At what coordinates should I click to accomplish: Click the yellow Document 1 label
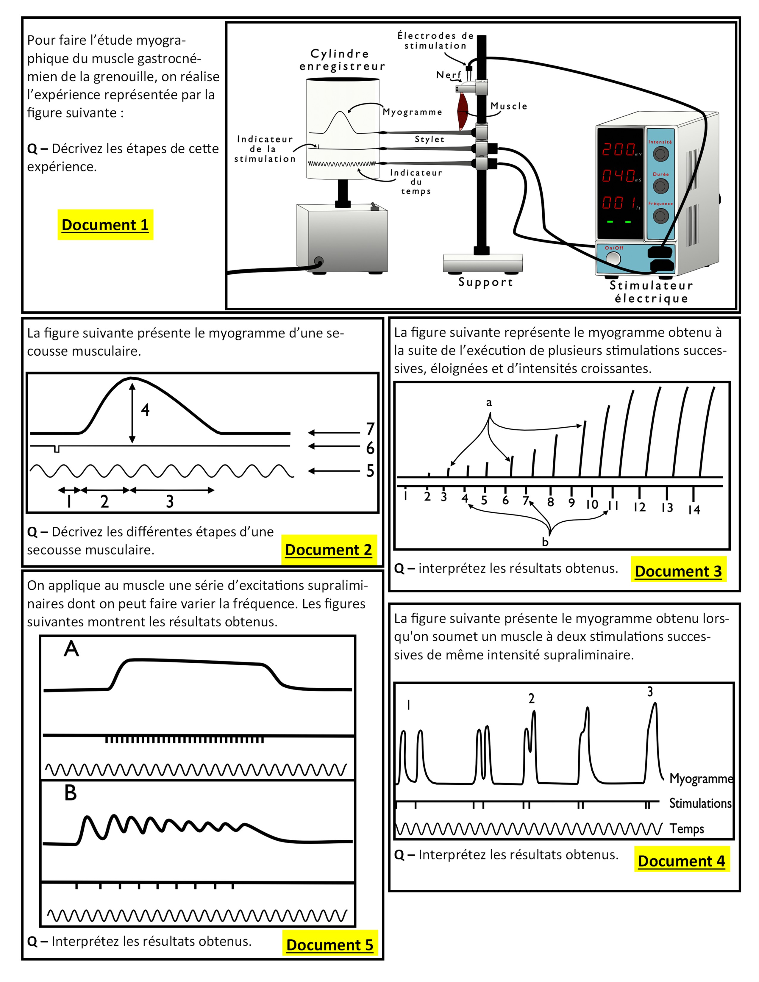pyautogui.click(x=105, y=224)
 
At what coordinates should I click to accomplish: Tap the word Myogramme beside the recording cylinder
pyautogui.click(x=412, y=112)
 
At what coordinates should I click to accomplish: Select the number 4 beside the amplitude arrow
pyautogui.click(x=145, y=410)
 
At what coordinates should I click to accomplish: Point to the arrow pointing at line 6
pyautogui.click(x=334, y=446)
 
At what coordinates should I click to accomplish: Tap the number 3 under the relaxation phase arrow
pyautogui.click(x=170, y=501)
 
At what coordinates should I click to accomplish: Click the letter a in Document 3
pyautogui.click(x=489, y=402)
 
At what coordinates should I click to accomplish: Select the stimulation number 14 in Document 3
pyautogui.click(x=694, y=509)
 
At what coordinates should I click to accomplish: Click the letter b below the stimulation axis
pyautogui.click(x=545, y=542)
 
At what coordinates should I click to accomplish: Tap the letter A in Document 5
pyautogui.click(x=71, y=649)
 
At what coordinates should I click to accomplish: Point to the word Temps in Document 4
pyautogui.click(x=687, y=829)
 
